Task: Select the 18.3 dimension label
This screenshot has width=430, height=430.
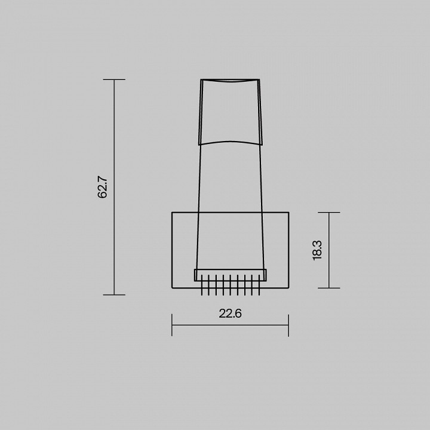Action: point(317,250)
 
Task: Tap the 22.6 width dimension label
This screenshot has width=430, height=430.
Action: point(230,313)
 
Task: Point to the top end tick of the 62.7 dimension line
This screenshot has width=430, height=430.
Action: point(114,79)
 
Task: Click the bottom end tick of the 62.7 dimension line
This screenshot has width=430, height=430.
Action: point(114,294)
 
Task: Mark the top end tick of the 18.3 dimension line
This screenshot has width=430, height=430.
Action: point(329,212)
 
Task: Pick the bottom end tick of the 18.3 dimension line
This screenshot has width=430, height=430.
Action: point(329,288)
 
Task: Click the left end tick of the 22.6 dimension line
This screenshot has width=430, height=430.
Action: point(172,325)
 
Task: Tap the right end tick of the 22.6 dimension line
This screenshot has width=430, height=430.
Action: point(288,325)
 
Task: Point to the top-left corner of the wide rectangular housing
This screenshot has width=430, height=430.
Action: point(172,212)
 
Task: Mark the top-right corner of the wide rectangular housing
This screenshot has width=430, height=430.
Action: point(288,212)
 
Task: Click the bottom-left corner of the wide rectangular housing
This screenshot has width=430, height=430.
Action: point(172,288)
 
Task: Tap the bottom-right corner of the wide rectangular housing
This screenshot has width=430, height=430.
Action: point(288,288)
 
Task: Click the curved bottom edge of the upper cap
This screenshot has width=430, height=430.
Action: point(230,142)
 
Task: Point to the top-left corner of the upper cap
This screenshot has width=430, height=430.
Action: point(201,79)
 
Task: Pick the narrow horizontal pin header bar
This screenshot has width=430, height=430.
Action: point(230,275)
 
